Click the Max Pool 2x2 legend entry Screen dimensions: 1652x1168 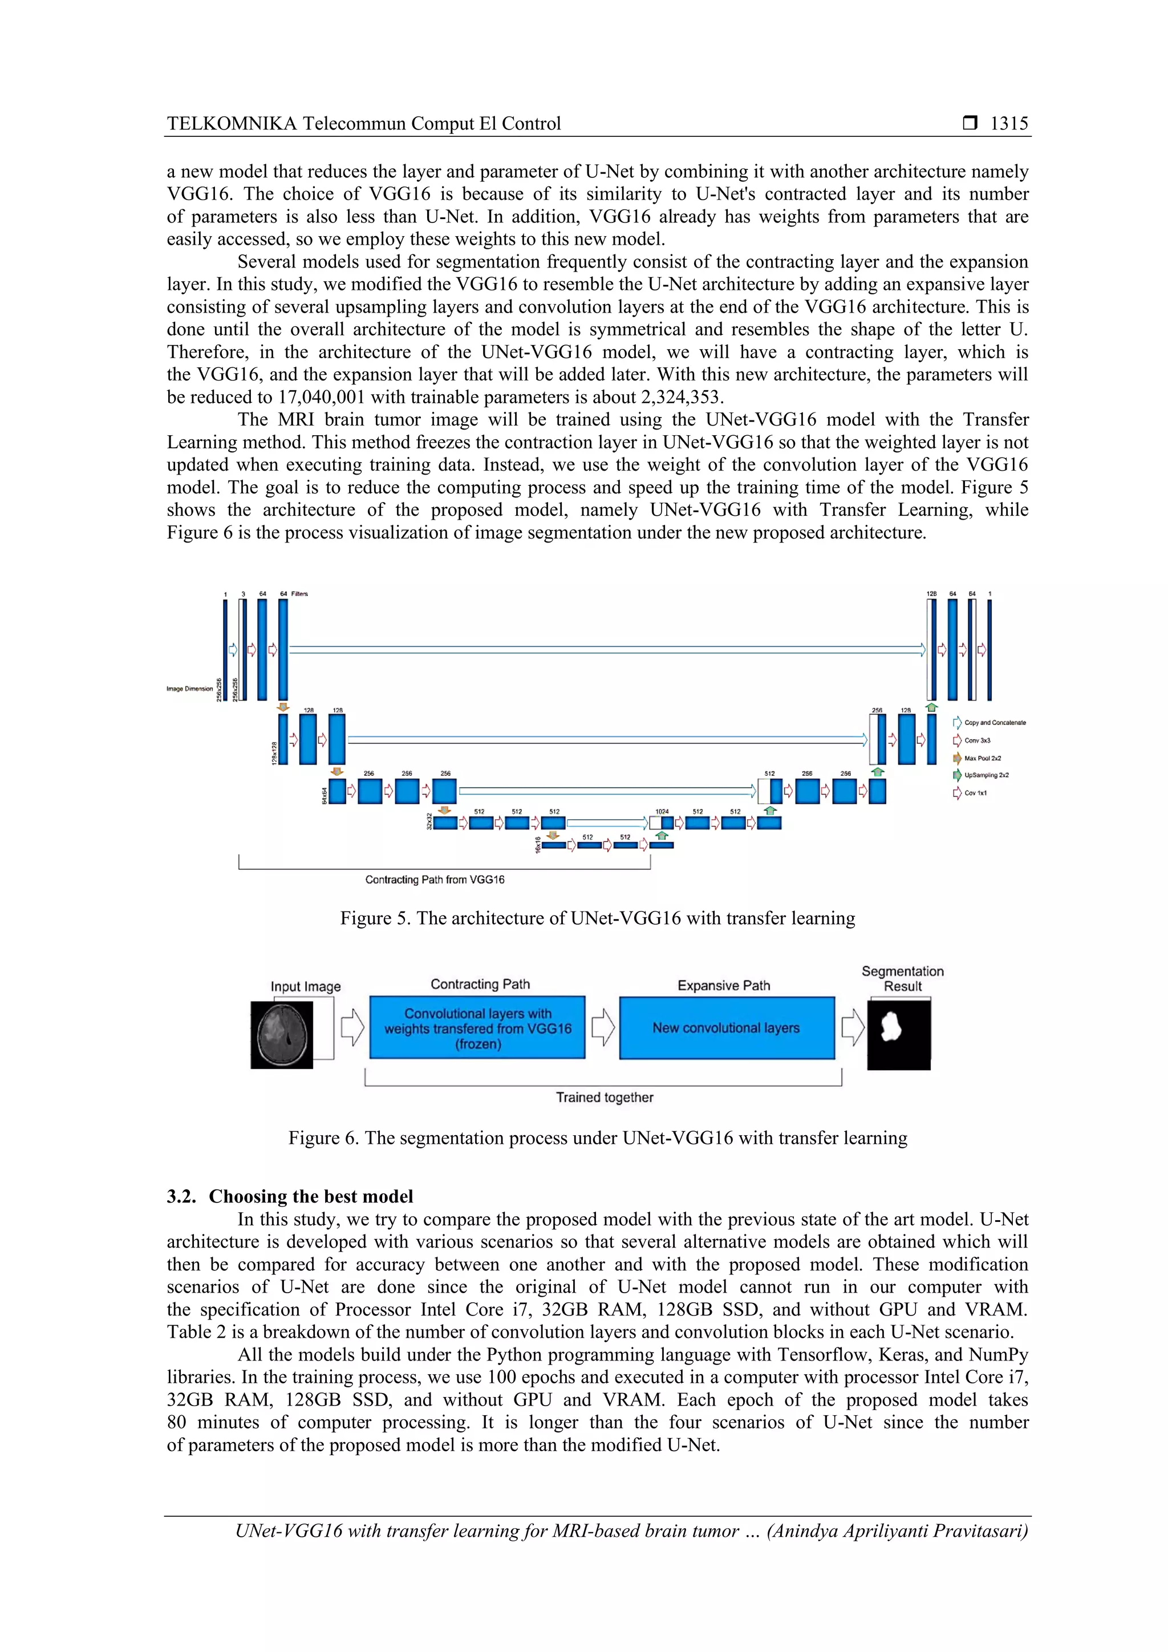981,758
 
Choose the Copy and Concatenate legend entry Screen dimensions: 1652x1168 993,722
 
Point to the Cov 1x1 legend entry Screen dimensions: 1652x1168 975,793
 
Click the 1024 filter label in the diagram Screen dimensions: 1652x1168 662,812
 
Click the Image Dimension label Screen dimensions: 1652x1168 189,689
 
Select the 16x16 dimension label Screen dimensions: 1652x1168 537,845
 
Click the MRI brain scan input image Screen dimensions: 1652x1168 282,1035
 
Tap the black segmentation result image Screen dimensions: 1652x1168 898,1035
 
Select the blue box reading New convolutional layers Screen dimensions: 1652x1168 727,1028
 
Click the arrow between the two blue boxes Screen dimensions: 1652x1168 603,1027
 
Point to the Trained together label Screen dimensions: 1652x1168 604,1098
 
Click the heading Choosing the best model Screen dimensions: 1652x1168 311,1197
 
